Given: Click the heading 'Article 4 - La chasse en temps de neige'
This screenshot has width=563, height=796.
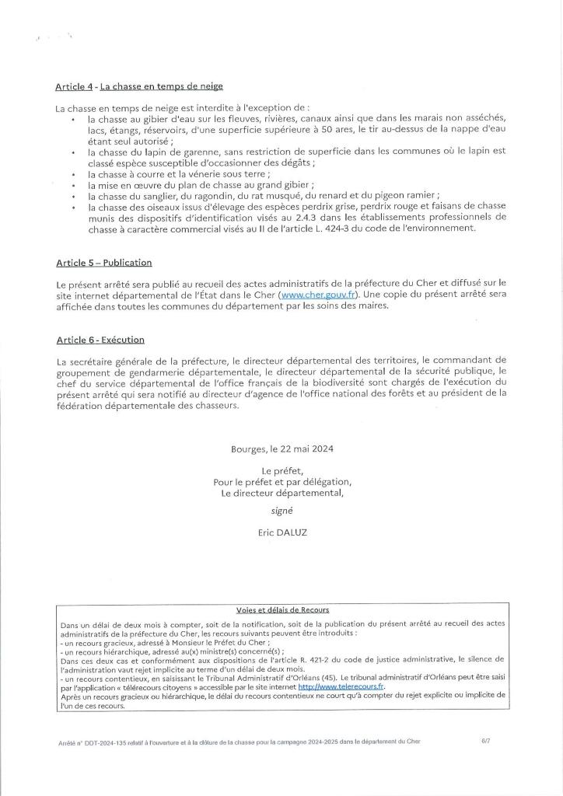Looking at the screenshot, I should coord(140,86).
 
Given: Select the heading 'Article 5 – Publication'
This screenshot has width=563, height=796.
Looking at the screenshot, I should coord(103,263).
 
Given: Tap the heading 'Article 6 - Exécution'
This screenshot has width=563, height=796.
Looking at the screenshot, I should coord(100,340).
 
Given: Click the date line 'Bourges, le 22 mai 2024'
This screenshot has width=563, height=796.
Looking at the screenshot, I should coord(281,449).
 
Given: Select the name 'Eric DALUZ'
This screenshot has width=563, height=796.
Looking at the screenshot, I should coord(281,534).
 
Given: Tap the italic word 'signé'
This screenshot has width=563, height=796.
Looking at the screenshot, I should coord(281,512).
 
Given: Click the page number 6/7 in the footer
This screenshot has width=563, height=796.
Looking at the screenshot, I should coord(486,742).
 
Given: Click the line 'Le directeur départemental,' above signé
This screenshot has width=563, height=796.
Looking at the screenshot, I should coord(281,493).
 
